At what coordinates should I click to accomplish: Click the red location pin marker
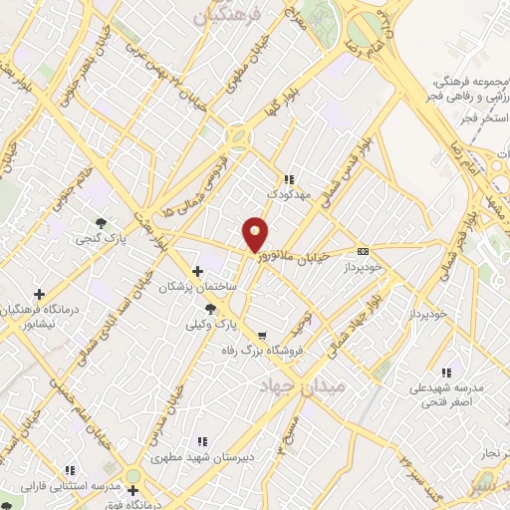click(256, 234)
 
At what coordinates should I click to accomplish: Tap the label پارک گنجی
click(100, 239)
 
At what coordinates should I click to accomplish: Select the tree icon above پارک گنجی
click(100, 222)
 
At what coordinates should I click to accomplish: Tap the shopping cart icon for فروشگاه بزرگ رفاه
click(261, 336)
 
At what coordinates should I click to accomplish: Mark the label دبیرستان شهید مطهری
click(200, 458)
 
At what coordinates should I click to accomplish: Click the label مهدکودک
click(289, 195)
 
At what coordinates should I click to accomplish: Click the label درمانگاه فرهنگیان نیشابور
click(39, 315)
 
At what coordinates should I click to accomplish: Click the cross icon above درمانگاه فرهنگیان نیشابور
click(39, 294)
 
